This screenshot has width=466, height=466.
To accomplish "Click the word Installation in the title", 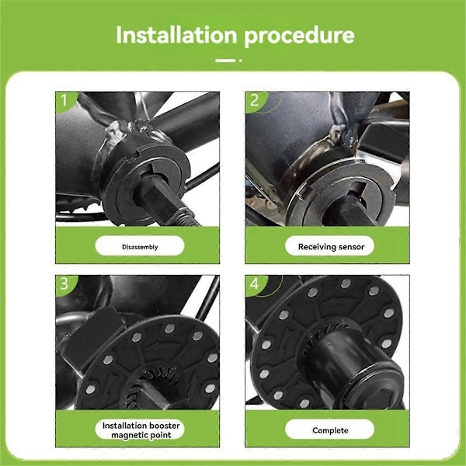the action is [x=176, y=35].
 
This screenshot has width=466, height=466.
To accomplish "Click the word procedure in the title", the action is [x=299, y=37].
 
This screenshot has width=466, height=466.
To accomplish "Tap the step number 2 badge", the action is [x=255, y=100].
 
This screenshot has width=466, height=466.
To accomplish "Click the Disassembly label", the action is [x=140, y=247].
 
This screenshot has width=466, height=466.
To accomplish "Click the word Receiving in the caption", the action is [x=317, y=247].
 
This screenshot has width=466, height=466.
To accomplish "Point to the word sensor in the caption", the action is [x=351, y=247].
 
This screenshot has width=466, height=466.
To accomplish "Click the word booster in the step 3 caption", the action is [x=165, y=426].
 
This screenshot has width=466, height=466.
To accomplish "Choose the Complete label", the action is [x=330, y=430].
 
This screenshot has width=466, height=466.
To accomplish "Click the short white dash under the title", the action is [x=225, y=61].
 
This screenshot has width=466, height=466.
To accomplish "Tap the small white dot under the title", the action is [x=241, y=61].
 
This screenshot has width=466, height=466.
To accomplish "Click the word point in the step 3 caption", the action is [x=161, y=436].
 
